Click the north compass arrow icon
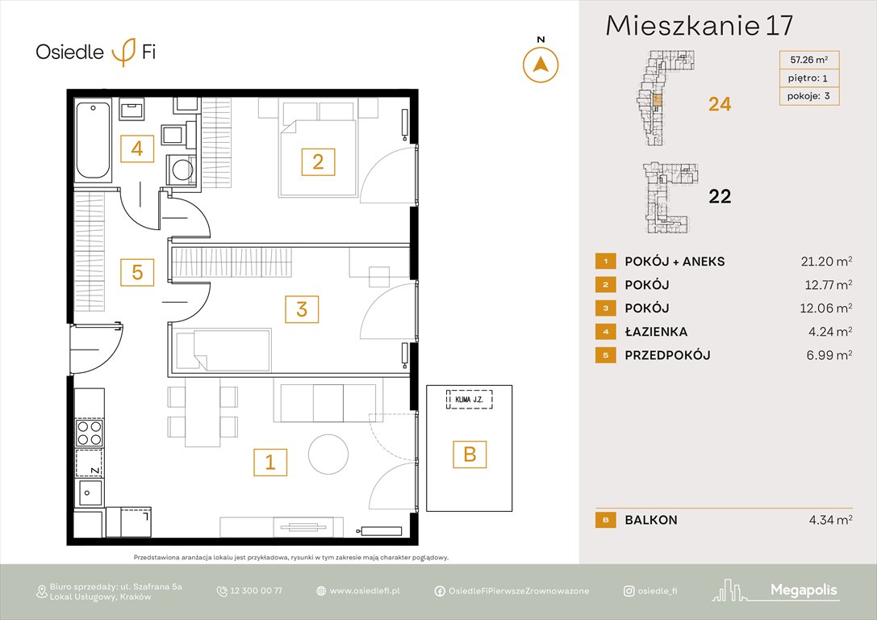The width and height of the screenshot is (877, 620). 541,64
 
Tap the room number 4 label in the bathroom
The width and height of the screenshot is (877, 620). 137,149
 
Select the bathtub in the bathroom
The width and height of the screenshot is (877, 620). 93,141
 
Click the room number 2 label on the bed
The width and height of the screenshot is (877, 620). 318,161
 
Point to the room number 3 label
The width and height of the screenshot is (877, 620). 302,308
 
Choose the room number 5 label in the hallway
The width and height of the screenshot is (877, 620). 137,273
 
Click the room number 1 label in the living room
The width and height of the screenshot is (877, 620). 270,462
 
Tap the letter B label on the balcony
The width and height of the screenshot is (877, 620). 470,455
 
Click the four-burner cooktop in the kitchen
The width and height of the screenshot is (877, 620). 89,434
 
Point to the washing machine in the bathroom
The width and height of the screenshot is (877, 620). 182,170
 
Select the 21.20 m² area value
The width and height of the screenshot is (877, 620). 822,261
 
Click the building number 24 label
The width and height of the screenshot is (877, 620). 719,103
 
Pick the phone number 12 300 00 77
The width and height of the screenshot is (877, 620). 256,591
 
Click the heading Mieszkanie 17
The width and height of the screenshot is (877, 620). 699,25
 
